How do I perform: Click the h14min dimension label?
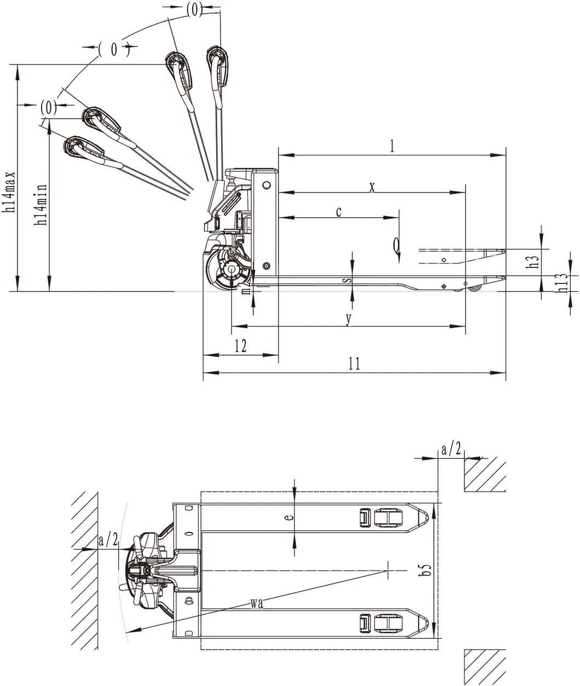[40, 205]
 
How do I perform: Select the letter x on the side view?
[372, 187]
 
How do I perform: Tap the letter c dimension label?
[339, 212]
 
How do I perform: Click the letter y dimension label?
[349, 320]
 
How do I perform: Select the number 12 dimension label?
[240, 346]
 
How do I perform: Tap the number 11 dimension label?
[355, 364]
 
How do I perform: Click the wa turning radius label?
[257, 603]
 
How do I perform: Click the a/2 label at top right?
[451, 450]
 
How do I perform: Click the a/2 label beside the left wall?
[108, 540]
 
